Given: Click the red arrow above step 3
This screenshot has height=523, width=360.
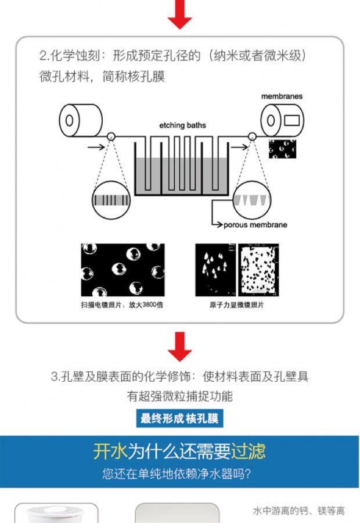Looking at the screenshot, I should pyautogui.click(x=179, y=348).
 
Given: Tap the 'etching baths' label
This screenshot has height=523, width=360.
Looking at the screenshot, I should pyautogui.click(x=182, y=125).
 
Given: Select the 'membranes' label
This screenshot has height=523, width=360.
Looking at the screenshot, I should pyautogui.click(x=281, y=96).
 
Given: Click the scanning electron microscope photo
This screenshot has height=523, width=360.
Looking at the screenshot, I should pyautogui.click(x=122, y=270).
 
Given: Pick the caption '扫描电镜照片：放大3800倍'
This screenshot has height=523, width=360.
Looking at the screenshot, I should pyautogui.click(x=122, y=305).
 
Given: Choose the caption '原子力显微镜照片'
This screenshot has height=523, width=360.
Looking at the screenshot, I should pyautogui.click(x=236, y=305).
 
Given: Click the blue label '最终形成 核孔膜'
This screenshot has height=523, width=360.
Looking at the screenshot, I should pyautogui.click(x=180, y=418).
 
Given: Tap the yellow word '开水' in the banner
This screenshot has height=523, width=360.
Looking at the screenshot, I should pyautogui.click(x=110, y=452).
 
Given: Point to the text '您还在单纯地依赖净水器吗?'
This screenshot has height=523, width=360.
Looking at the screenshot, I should pyautogui.click(x=177, y=474).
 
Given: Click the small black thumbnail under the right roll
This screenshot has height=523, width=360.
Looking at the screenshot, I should pyautogui.click(x=282, y=148).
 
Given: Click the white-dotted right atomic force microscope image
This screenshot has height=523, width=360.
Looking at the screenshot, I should pyautogui.click(x=258, y=270).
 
